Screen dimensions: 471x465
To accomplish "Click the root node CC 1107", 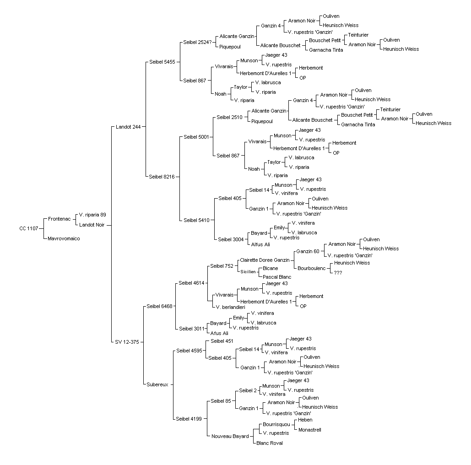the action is tap(29, 228).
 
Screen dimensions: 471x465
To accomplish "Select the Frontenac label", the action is tap(59, 219).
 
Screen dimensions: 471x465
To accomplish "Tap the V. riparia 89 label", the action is tap(92, 215).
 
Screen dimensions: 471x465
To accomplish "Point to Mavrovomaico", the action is tap(64, 238).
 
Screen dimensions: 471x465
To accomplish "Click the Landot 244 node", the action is tap(128, 127).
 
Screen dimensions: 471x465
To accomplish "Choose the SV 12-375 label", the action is tap(127, 342).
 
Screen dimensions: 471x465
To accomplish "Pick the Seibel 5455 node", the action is tap(162, 62).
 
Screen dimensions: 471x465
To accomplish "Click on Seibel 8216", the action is tap(162, 177).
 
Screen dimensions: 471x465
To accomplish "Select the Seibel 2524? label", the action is tap(197, 43).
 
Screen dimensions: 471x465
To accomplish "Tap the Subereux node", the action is tap(157, 384).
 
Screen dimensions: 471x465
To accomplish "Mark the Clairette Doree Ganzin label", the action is tap(265, 260).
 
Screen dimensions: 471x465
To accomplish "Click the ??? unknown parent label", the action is tap(338, 273).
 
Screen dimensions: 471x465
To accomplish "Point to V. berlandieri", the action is tap(230, 307).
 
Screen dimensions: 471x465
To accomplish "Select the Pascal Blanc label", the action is tap(277, 277).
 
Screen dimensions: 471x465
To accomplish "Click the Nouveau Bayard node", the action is tap(230, 436).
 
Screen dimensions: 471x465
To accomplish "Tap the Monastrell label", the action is tap(310, 430).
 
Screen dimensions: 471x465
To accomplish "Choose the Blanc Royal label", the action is tap(270, 443).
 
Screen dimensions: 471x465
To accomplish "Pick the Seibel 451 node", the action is tap(222, 341).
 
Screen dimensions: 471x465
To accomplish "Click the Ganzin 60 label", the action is tap(308, 251).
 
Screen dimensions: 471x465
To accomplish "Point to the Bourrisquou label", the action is tap(276, 424).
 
